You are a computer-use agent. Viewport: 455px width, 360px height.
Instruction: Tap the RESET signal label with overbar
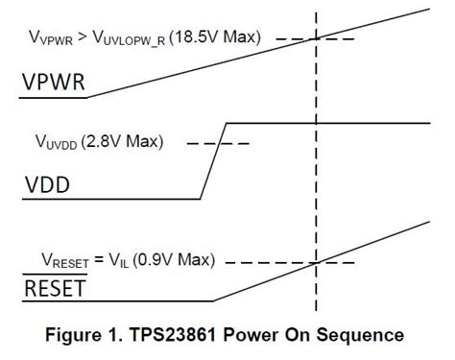[54, 288]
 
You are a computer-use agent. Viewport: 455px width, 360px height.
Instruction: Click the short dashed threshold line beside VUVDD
[218, 144]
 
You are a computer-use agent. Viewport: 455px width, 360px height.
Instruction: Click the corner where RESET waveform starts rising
[213, 300]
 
